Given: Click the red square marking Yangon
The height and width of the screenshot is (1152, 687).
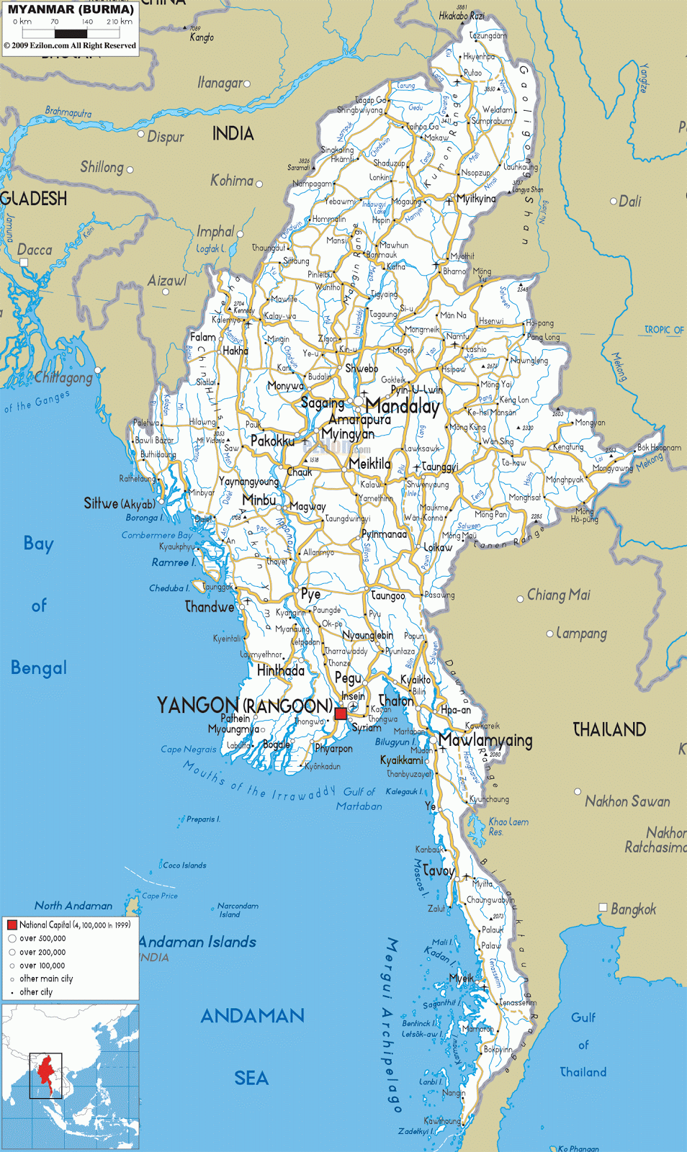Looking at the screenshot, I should tap(341, 714).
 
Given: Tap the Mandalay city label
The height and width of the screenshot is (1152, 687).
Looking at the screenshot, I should tap(402, 407).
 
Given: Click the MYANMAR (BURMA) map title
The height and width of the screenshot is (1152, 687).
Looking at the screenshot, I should tap(71, 9).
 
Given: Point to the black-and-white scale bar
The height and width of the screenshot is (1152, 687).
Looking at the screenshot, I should tap(71, 33).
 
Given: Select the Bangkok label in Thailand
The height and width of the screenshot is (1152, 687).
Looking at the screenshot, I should tap(633, 909).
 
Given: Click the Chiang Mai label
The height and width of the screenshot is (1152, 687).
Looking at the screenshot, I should tap(558, 595).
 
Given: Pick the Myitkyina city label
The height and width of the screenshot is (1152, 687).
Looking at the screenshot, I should tap(476, 199).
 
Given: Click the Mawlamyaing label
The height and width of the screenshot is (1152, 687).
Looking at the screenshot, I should tap(485, 740).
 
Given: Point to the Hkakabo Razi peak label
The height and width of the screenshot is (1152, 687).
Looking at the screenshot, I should tap(462, 15).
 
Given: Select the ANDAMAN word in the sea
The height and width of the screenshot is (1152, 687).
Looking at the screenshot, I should tap(252, 1016).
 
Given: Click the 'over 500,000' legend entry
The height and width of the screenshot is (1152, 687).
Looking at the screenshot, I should tap(42, 938).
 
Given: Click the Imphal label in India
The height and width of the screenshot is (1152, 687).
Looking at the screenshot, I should tap(215, 232).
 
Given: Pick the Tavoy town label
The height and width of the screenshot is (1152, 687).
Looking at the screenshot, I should tap(438, 870).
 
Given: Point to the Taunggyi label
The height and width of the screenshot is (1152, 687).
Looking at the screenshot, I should tap(439, 467).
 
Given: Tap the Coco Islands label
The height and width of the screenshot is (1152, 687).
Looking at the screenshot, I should tap(184, 865).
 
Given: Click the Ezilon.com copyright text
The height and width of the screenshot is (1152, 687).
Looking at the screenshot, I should tap(70, 45).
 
